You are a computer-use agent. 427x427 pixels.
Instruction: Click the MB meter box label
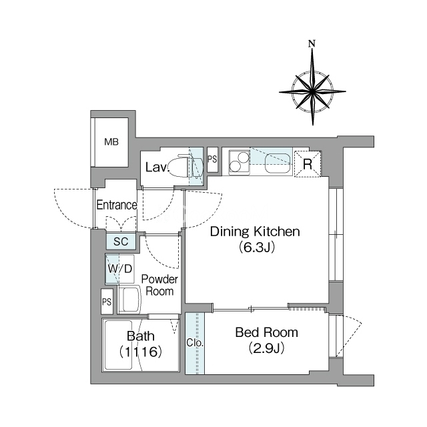[x=111, y=142]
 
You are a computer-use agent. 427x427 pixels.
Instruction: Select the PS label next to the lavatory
[x=212, y=159]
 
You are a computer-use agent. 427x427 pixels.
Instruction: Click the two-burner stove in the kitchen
[x=240, y=162]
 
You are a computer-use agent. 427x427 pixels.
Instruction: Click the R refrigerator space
[x=308, y=164]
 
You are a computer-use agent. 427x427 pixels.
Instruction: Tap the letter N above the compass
[x=312, y=43]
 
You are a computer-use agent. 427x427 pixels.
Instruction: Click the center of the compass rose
[x=312, y=91]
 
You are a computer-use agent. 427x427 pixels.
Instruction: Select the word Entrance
[x=117, y=205]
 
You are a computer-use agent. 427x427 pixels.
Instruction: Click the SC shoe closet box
[x=121, y=242]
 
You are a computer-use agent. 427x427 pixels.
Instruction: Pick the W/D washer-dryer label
[x=120, y=269]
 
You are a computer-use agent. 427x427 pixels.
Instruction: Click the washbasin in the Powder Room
[x=129, y=300]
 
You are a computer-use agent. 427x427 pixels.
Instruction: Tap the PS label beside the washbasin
[x=107, y=302]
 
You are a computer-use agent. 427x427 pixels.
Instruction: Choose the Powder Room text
[x=159, y=285]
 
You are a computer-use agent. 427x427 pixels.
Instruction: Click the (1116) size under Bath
[x=141, y=352]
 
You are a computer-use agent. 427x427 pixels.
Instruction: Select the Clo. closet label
[x=195, y=343]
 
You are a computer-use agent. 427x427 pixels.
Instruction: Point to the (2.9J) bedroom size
[x=267, y=348]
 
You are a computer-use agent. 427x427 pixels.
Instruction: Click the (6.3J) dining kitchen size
[x=256, y=248]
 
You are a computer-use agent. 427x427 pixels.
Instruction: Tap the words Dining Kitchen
[x=255, y=232]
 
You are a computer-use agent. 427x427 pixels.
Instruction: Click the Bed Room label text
[x=267, y=332]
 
